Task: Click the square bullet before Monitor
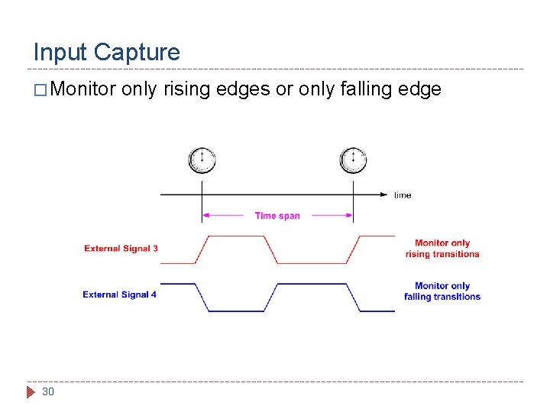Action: pos(40,90)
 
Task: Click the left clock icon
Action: pos(202,160)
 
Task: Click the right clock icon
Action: pos(353,160)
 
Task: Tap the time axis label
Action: pos(403,195)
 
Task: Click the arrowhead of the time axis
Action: pos(384,195)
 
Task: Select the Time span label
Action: pos(277,216)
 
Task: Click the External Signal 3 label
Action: pos(121,249)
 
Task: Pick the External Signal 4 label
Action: pos(120,295)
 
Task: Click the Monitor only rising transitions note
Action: pos(442,249)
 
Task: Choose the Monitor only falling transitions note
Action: pos(442,291)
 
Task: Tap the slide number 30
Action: pos(48,391)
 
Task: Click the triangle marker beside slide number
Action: pos(31,392)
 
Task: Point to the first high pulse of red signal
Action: pos(237,237)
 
